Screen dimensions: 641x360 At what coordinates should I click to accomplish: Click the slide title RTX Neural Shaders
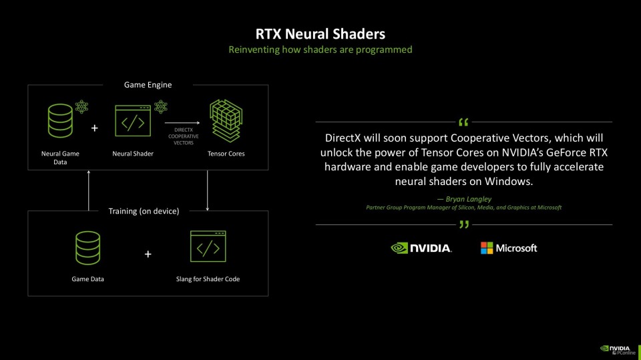320,34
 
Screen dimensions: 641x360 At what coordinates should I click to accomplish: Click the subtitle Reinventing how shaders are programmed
320,50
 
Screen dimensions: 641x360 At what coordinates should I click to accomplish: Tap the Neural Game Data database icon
60,121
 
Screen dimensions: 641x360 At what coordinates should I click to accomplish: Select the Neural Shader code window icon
133,121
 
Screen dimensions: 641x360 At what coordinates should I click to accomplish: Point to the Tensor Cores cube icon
226,121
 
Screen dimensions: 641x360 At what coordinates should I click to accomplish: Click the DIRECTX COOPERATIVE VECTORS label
184,136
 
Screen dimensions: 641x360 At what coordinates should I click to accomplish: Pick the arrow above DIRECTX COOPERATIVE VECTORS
182,123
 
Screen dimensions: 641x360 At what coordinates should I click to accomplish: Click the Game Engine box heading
148,85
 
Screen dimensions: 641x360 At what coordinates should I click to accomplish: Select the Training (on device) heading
144,211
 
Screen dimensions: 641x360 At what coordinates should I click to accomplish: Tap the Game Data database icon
88,248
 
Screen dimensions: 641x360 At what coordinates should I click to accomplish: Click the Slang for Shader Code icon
208,246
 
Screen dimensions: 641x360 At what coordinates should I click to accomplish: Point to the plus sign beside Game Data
148,254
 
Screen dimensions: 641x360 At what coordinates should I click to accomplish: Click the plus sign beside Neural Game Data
94,128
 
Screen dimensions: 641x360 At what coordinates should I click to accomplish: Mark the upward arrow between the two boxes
89,190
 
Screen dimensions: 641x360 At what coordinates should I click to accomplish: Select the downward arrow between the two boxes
207,190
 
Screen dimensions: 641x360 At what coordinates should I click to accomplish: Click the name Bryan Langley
469,199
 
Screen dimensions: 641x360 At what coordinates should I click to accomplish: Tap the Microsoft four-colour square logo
487,248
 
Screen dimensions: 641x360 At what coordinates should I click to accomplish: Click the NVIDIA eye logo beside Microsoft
399,248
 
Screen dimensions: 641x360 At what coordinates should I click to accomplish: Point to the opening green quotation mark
463,122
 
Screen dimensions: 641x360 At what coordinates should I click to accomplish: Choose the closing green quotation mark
463,224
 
